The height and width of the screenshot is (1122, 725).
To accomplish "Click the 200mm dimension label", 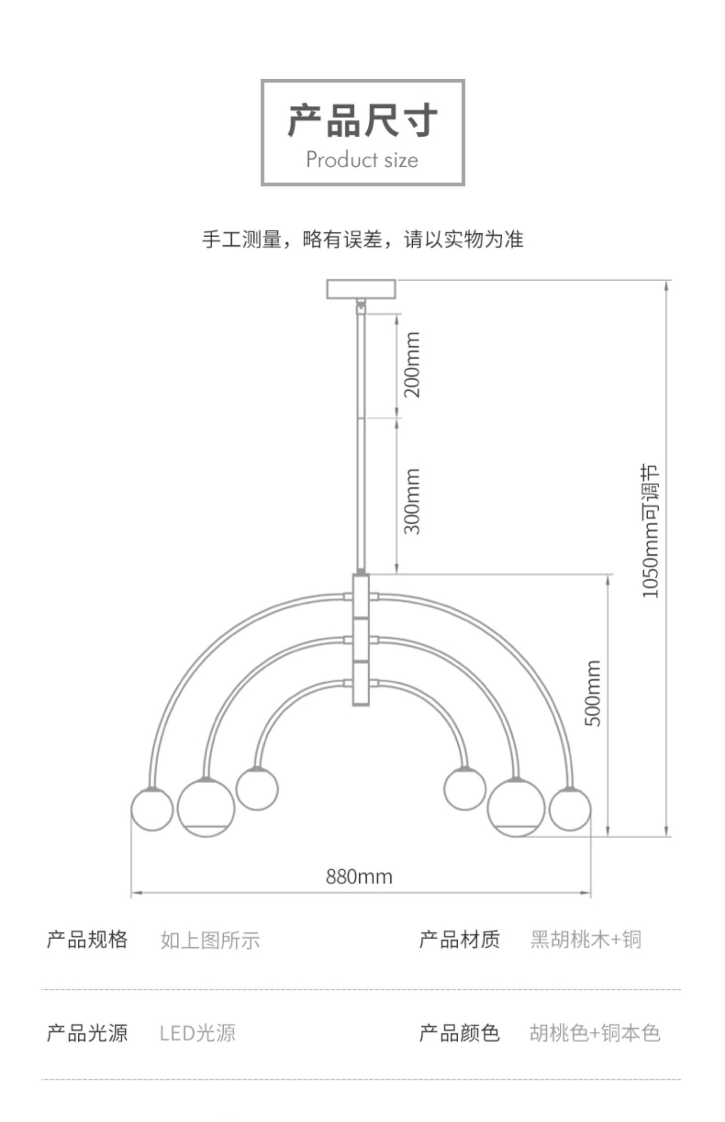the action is point(412,364).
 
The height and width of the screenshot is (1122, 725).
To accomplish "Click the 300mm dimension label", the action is point(412,501).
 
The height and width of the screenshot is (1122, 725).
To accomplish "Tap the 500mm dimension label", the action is point(593,693).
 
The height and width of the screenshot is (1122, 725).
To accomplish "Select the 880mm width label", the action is point(359,876).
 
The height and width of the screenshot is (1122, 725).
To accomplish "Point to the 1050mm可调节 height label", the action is point(650,531).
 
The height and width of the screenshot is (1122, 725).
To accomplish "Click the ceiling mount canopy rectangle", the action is point(361,289).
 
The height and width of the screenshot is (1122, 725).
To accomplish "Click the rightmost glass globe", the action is point(570,809).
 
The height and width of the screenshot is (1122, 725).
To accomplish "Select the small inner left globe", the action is point(257,789).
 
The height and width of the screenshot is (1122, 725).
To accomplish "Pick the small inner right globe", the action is point(465,789).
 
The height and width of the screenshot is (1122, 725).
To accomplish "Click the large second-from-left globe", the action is point(206,807).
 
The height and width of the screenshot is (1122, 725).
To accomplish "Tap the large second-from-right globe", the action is point(516,807).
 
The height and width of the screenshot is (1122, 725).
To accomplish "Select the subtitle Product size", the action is point(362,159).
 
